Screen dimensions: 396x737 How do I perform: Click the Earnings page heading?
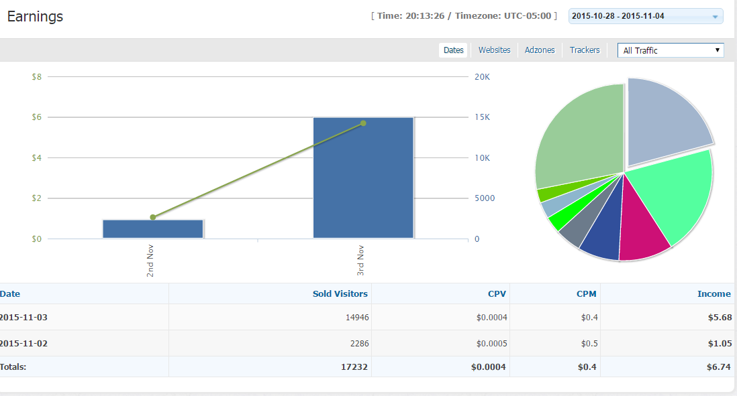pyautogui.click(x=35, y=17)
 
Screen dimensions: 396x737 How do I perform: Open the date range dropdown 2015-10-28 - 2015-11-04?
pyautogui.click(x=645, y=16)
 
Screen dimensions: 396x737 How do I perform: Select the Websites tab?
pyautogui.click(x=494, y=50)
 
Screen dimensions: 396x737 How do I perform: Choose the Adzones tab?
pyautogui.click(x=540, y=50)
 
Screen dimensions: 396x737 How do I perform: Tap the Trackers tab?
pyautogui.click(x=585, y=50)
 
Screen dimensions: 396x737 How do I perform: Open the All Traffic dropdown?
pyautogui.click(x=671, y=50)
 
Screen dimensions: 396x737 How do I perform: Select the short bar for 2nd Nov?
pyautogui.click(x=153, y=229)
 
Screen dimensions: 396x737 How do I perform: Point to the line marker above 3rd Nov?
pyautogui.click(x=363, y=123)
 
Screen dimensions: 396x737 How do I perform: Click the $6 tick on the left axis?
pyautogui.click(x=36, y=117)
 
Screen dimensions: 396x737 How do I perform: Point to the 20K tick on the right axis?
pyautogui.click(x=482, y=77)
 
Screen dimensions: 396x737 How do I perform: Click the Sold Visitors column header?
pyautogui.click(x=340, y=293)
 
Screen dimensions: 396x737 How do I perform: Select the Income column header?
pyautogui.click(x=714, y=293)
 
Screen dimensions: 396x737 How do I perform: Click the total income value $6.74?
pyautogui.click(x=719, y=367)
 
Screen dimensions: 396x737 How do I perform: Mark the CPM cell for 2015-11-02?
pyautogui.click(x=587, y=344)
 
